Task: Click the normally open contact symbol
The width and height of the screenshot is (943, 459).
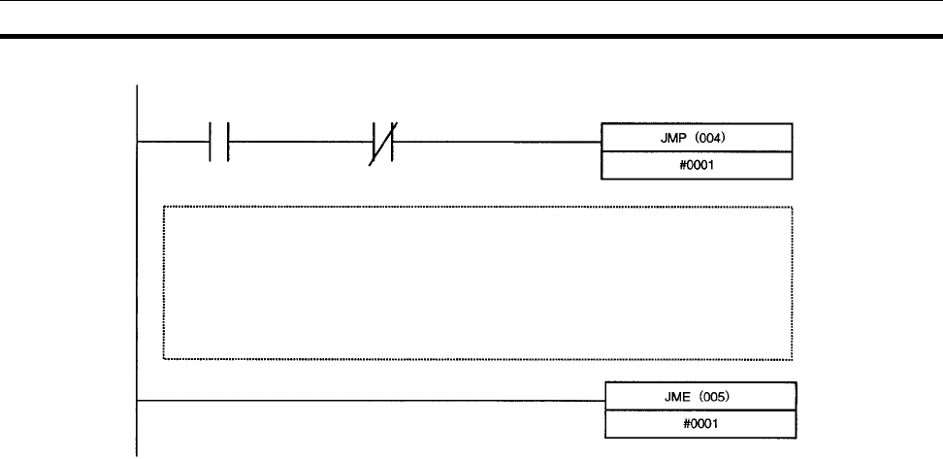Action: (x=218, y=142)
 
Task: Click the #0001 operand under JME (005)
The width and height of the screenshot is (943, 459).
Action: (x=699, y=424)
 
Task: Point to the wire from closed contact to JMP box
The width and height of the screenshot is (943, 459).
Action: (x=495, y=142)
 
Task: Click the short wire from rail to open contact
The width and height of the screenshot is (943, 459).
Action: (x=175, y=142)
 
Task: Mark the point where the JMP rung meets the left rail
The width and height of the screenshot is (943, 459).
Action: (x=140, y=142)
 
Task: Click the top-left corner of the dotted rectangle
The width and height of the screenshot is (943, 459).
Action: (x=163, y=207)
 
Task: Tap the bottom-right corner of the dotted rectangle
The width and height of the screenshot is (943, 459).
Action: (x=793, y=359)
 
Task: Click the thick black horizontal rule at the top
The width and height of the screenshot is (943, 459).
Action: (x=471, y=37)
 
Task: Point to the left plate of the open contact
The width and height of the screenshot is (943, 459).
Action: (x=211, y=142)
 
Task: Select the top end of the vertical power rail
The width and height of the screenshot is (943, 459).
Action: (x=140, y=86)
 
